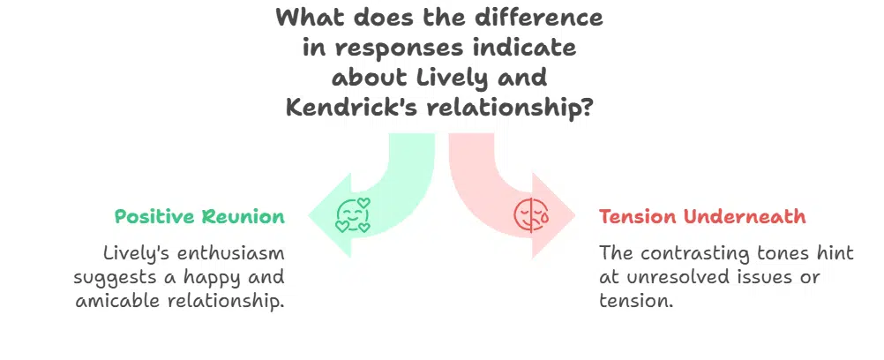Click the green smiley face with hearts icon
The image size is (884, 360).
click(353, 214)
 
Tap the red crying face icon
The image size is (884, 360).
click(530, 214)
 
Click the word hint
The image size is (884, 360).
click(834, 253)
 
